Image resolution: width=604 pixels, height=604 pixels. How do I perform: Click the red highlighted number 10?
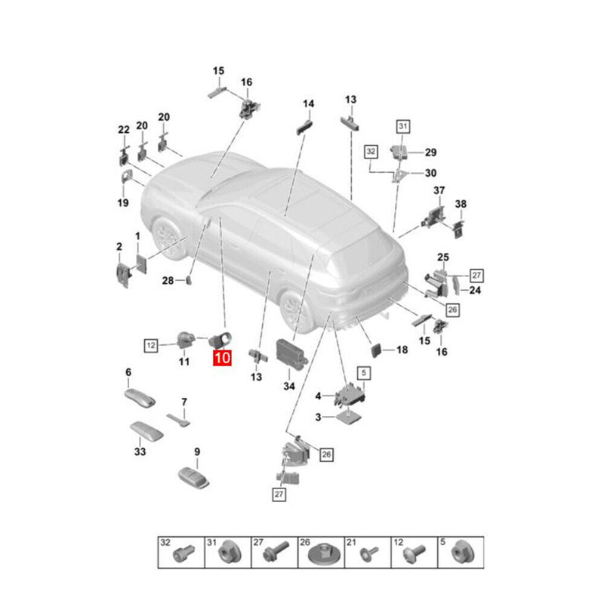click(x=223, y=357)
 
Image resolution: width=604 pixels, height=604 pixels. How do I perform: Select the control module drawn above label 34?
click(x=291, y=350)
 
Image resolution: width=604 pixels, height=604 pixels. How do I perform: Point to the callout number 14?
click(x=308, y=103)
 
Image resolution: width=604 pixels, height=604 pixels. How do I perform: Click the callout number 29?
click(x=430, y=152)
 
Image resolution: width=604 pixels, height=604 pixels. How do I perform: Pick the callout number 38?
click(x=461, y=205)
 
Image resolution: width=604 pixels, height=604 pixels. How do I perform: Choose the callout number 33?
click(x=139, y=452)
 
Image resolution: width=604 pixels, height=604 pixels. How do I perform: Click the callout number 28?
click(x=168, y=281)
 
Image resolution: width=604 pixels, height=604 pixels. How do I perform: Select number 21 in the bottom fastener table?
click(x=351, y=542)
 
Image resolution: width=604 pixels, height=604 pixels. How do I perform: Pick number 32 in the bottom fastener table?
click(x=165, y=542)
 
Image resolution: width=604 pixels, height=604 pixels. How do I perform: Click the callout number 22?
click(x=124, y=130)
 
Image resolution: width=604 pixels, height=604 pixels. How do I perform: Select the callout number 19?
click(x=122, y=202)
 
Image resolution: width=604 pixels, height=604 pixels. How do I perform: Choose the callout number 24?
click(x=475, y=290)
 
